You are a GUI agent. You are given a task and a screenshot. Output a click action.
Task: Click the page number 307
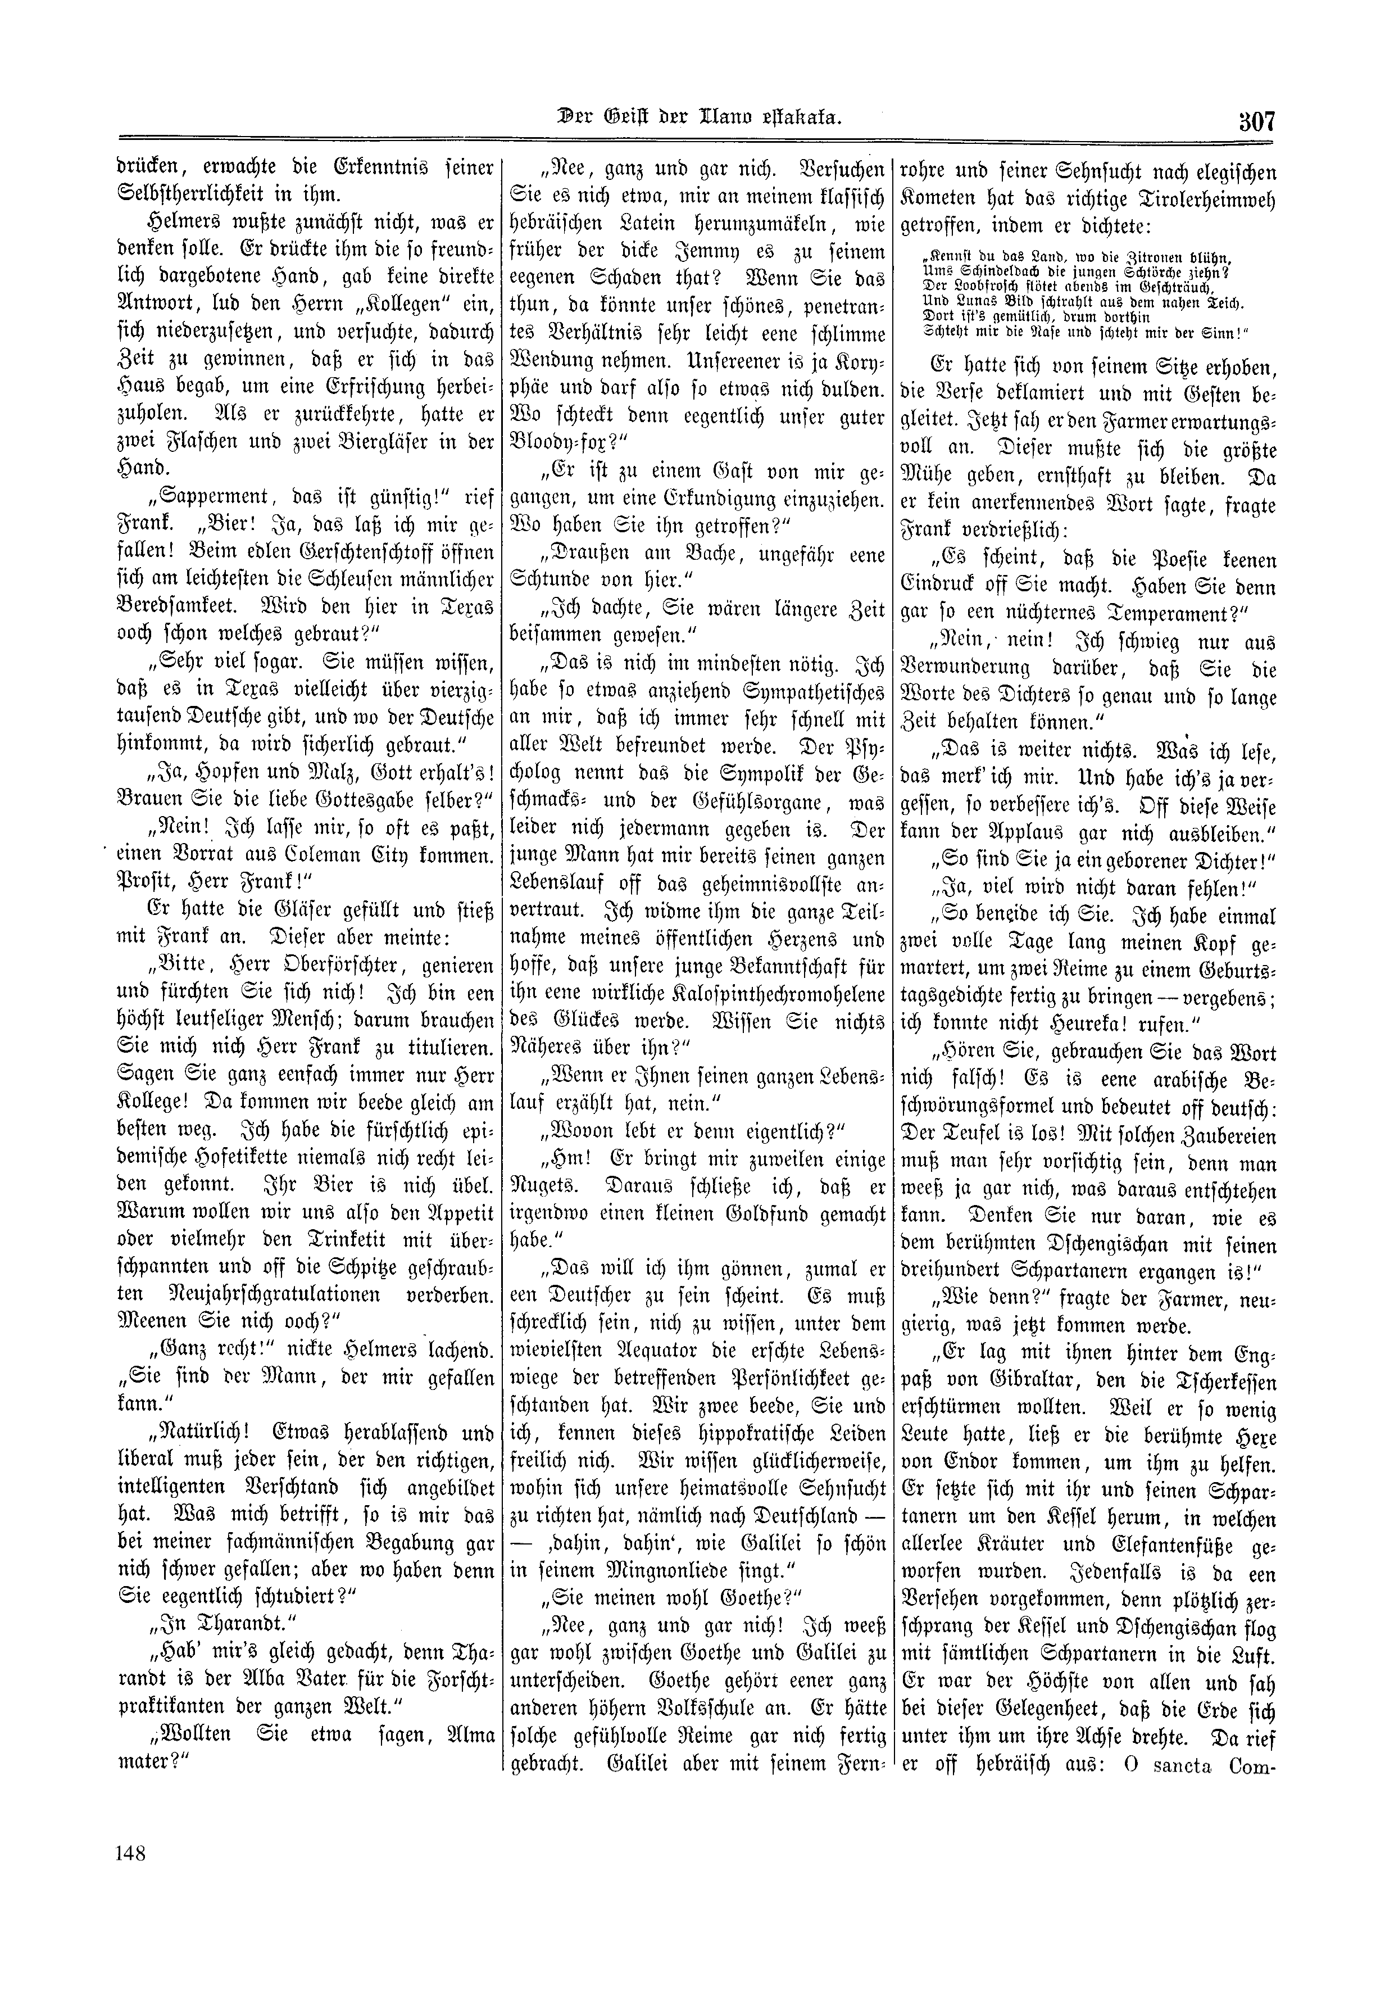pyautogui.click(x=1251, y=121)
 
